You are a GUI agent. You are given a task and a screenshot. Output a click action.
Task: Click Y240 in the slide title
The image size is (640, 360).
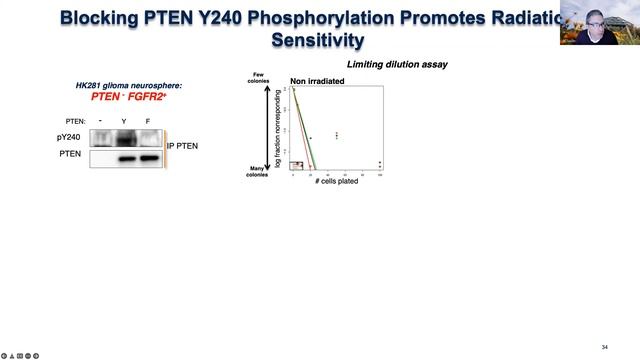[264, 17]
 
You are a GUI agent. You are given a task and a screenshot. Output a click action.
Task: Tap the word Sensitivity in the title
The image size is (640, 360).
[318, 40]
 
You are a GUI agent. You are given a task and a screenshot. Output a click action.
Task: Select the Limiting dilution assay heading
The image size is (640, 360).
[397, 65]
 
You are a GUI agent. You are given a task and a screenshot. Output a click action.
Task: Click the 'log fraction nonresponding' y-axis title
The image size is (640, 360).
[280, 128]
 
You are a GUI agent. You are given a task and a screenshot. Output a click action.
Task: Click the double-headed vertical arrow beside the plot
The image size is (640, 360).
[269, 128]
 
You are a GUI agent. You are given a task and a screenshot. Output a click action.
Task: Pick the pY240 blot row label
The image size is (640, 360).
[69, 137]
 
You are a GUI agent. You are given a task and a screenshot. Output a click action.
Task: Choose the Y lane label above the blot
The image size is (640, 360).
[124, 120]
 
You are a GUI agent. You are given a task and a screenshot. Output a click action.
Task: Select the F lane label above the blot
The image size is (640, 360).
[148, 120]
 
